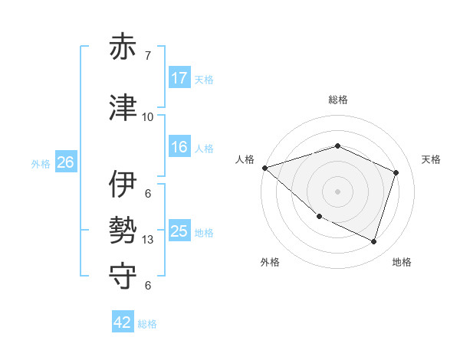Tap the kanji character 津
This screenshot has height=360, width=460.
[123, 108]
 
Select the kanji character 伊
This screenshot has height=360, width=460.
[123, 185]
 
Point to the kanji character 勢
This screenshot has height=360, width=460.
[123, 231]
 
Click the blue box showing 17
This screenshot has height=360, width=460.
[179, 78]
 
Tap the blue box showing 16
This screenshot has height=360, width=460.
[179, 147]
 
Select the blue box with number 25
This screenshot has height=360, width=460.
[179, 231]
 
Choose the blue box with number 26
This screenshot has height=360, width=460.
[65, 162]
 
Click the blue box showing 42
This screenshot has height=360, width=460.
[123, 323]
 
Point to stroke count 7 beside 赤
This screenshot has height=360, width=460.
[148, 56]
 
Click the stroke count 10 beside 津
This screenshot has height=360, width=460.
[148, 117]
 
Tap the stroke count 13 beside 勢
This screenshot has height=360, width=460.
[148, 240]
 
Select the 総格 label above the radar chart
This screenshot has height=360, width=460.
[337, 100]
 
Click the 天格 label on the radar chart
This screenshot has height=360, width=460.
[431, 159]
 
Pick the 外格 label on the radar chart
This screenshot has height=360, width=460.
[270, 262]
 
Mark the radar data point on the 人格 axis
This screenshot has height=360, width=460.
[264, 167]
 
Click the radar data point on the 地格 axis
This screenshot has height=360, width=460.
[374, 242]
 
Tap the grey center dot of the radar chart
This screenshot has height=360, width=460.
[337, 191]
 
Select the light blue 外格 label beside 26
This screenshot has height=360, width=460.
[40, 163]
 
